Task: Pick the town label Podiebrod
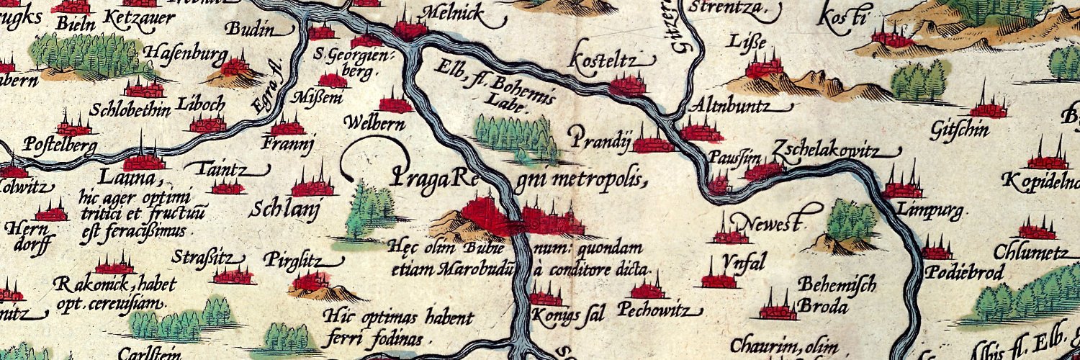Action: click(x=956, y=273)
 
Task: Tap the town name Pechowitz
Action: click(x=659, y=311)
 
